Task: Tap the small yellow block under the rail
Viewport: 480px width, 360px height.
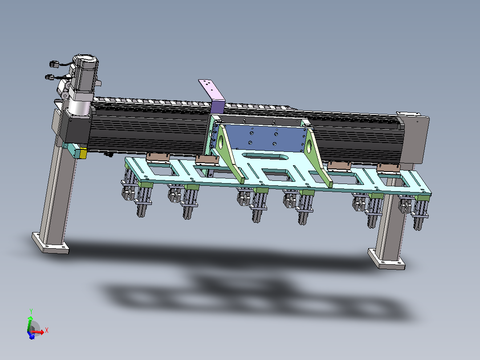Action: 83,154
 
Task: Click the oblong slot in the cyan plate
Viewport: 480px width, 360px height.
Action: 265,156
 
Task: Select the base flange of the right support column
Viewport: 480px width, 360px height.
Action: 386,259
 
